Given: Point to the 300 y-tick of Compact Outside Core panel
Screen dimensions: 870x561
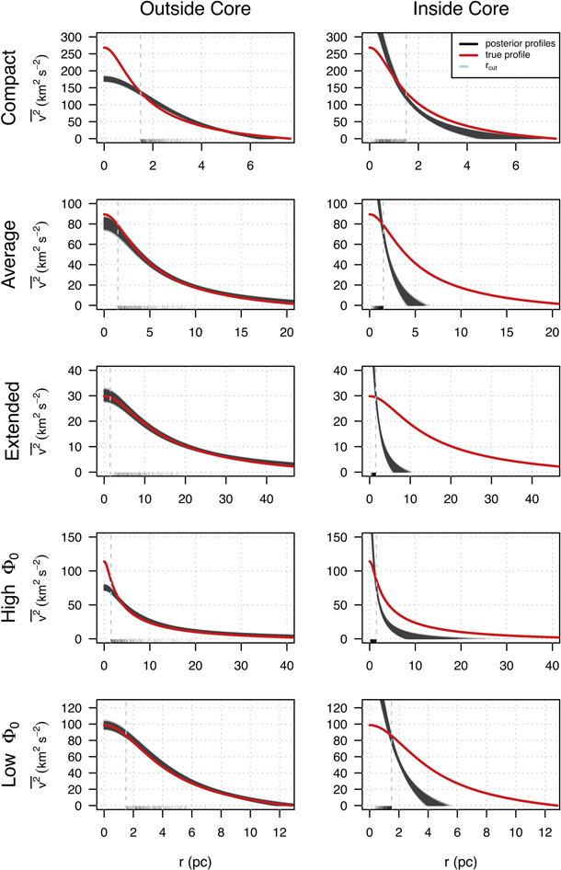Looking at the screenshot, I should click(x=83, y=37).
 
